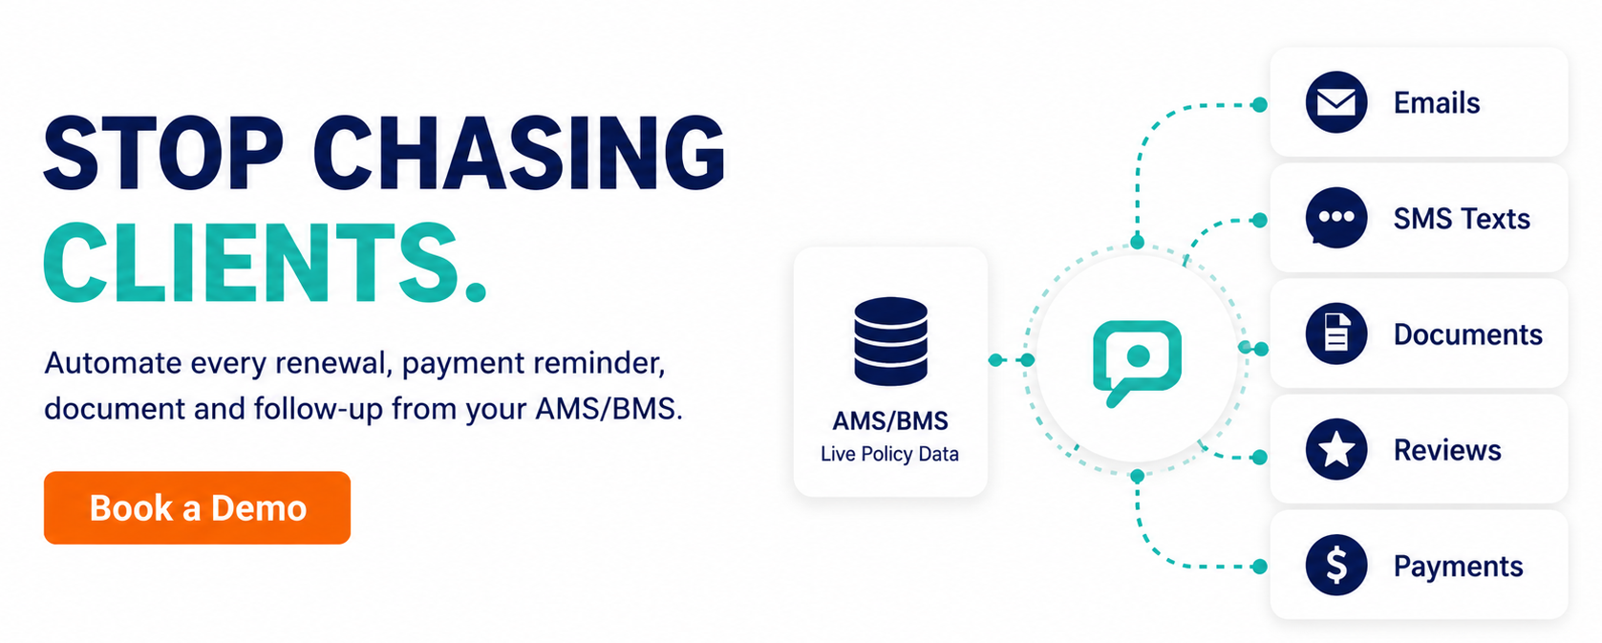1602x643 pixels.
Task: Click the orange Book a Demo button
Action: [x=198, y=508]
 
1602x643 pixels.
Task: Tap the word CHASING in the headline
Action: [x=520, y=153]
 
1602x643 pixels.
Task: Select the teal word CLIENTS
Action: [x=266, y=263]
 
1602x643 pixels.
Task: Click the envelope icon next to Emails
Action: [x=1335, y=102]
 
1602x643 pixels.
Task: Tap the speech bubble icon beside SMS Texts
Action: [x=1335, y=218]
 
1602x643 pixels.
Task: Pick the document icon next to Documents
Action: [x=1335, y=333]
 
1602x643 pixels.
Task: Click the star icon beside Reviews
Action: [x=1335, y=449]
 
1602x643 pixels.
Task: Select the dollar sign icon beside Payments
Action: [x=1335, y=565]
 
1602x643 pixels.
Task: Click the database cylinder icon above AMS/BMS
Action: [x=890, y=341]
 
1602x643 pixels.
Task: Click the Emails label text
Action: [x=1437, y=103]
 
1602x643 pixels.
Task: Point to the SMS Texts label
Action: [x=1462, y=218]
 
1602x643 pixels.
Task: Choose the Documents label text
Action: [x=1468, y=334]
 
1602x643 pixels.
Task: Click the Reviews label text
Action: [x=1447, y=450]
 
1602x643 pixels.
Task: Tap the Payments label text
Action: [x=1459, y=567]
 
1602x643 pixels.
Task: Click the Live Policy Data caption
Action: [x=889, y=454]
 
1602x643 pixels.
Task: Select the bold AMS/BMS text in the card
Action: [x=890, y=420]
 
